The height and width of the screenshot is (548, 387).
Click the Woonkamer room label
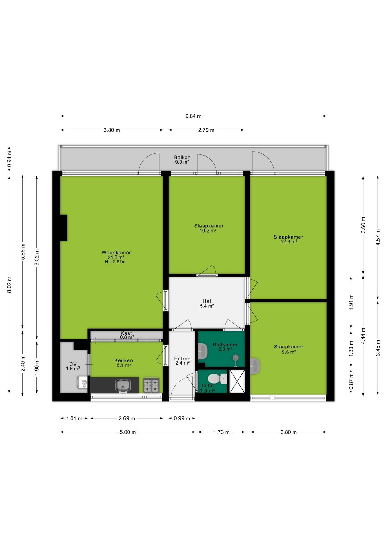tap(116, 253)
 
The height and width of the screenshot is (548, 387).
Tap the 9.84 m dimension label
tap(193, 116)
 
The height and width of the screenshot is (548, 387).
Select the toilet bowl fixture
tap(217, 379)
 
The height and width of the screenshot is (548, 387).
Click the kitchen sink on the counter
tap(123, 386)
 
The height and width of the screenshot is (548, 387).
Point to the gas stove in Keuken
tap(151, 385)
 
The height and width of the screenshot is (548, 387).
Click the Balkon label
tap(182, 157)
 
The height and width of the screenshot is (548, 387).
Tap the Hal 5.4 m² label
tap(207, 303)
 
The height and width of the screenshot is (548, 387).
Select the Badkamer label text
tap(225, 344)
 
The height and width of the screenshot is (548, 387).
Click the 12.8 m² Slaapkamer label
tap(288, 239)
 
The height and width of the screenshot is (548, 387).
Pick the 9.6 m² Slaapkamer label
tap(289, 349)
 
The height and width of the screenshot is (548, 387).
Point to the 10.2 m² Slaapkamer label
tap(209, 228)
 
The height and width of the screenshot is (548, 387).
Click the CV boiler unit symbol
tap(82, 382)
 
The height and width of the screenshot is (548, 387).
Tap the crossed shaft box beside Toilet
tap(237, 381)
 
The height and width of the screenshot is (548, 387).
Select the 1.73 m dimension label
tap(221, 432)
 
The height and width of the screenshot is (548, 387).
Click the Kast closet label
tap(126, 333)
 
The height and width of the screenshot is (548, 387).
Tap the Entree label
tap(182, 358)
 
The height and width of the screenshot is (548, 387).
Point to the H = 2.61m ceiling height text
tap(115, 262)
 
